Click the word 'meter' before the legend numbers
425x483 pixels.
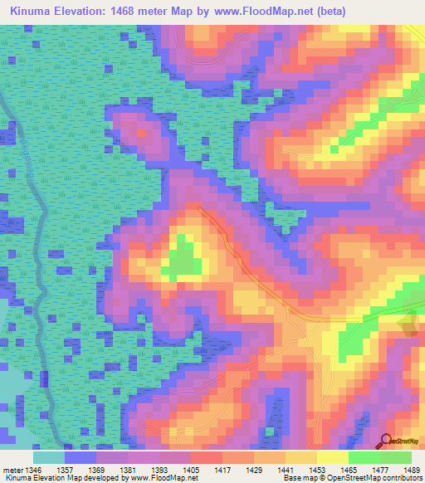pos(14,469)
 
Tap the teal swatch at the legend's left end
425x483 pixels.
pos(49,457)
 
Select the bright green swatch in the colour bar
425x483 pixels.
pos(364,457)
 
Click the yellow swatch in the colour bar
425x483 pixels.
pos(332,457)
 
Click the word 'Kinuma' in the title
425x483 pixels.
pos(31,11)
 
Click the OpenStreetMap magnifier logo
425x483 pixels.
pos(386,441)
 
